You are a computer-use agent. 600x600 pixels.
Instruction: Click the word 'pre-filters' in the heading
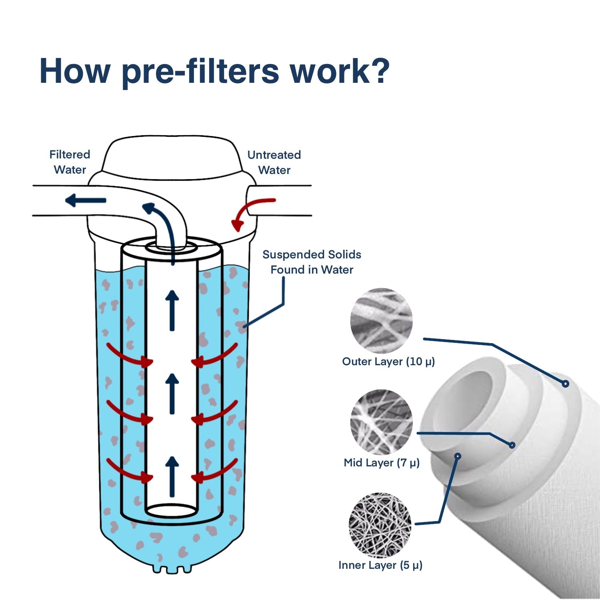pyautogui.click(x=200, y=72)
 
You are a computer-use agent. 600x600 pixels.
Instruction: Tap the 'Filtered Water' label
pyautogui.click(x=70, y=162)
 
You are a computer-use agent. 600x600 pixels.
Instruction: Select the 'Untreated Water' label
pyautogui.click(x=274, y=162)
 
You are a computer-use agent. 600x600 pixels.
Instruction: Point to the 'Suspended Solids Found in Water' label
pyautogui.click(x=312, y=262)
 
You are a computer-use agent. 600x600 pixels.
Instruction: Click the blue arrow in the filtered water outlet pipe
pyautogui.click(x=86, y=200)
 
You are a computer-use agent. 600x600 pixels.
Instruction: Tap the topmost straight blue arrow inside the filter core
pyautogui.click(x=172, y=310)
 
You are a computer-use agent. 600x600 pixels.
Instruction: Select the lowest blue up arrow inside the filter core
pyautogui.click(x=172, y=476)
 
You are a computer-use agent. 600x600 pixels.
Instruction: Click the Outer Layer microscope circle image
pyautogui.click(x=381, y=320)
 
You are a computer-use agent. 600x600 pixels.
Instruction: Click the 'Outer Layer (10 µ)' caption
pyautogui.click(x=388, y=362)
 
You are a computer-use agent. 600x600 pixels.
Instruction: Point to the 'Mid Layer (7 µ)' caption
pyautogui.click(x=382, y=463)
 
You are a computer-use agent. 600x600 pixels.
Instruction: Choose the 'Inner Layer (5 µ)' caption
pyautogui.click(x=380, y=565)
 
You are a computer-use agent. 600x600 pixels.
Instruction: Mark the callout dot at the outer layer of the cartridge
pyautogui.click(x=565, y=384)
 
